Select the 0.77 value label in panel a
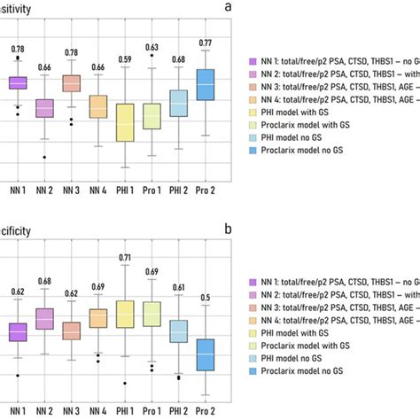(206, 43)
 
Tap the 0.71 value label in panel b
(124, 257)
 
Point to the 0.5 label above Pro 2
(206, 298)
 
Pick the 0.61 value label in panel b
(178, 287)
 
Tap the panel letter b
(229, 228)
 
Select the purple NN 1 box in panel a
(18, 82)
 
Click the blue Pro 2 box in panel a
(206, 84)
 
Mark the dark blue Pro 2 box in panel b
(206, 354)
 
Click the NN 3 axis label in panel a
(72, 189)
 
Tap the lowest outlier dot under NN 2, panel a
(44, 157)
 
